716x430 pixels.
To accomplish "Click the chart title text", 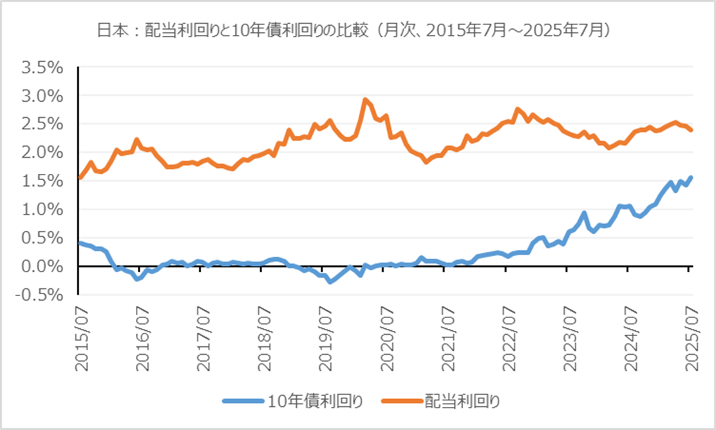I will tap(357, 30).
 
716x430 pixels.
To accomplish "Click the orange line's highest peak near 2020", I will tap(365, 100).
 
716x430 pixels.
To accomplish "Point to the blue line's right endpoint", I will tap(691, 177).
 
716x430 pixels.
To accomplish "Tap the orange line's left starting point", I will tap(79, 178).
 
